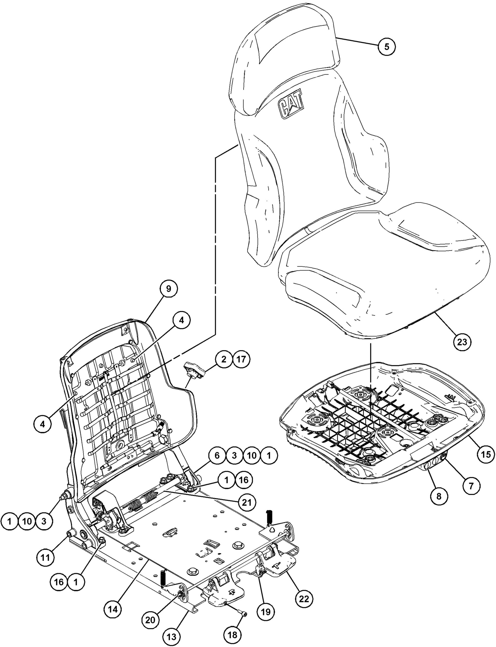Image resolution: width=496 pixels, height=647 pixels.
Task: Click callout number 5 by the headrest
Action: click(387, 46)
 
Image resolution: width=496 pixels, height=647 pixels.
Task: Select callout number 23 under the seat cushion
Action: click(462, 342)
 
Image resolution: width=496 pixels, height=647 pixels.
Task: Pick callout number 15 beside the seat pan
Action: click(486, 454)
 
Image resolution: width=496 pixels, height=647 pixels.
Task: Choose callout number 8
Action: click(439, 496)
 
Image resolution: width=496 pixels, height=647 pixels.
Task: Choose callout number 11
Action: click(46, 557)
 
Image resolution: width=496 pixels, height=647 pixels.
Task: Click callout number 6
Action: click(217, 455)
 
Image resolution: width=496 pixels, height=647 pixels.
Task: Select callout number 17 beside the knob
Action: click(241, 359)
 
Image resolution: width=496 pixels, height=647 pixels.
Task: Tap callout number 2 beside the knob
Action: click(224, 359)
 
